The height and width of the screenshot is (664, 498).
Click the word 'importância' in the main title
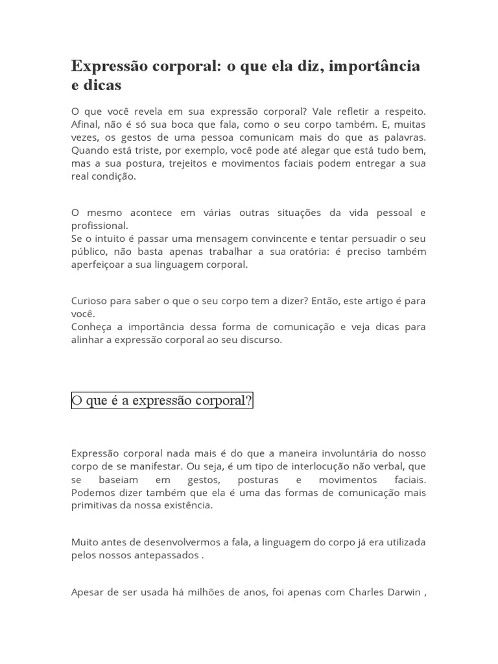pos(375,66)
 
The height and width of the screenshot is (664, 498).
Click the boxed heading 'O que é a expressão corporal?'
pos(161,401)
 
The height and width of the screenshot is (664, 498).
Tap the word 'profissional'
pos(99,226)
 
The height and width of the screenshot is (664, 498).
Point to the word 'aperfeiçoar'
pos(98,265)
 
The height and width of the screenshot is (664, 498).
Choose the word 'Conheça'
pos(91,327)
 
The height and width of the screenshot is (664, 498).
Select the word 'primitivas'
pos(95,505)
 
